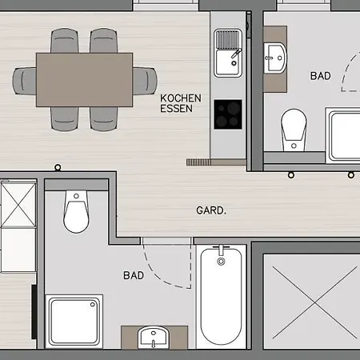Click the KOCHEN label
click(x=181, y=98)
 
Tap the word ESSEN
click(x=176, y=109)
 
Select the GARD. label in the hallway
click(x=211, y=210)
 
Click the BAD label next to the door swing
click(x=134, y=275)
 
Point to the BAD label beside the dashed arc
click(x=320, y=76)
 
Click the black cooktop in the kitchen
click(x=228, y=114)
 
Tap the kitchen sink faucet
click(x=237, y=54)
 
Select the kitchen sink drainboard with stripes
click(x=228, y=39)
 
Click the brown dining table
click(x=84, y=80)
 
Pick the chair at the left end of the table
click(x=24, y=81)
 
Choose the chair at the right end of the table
click(x=145, y=81)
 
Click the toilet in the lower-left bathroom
click(x=76, y=211)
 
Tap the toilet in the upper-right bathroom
click(x=294, y=130)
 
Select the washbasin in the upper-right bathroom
click(x=275, y=58)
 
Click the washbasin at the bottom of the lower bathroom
click(x=154, y=338)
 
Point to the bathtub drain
click(x=221, y=262)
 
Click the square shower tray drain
click(x=93, y=305)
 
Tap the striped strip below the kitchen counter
click(x=198, y=162)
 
